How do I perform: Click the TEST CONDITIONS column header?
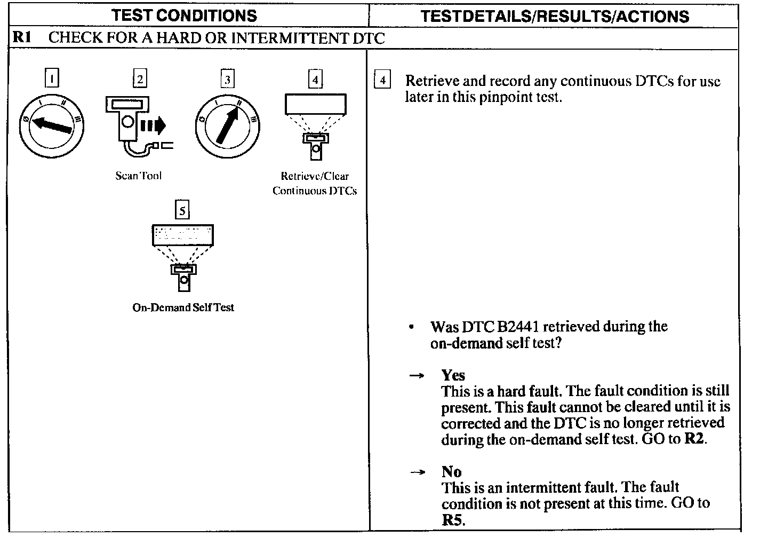coord(184,15)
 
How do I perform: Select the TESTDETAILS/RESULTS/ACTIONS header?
coord(555,16)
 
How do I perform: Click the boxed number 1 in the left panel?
coord(51,80)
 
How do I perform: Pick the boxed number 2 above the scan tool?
coord(139,80)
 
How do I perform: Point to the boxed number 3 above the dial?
coord(227,80)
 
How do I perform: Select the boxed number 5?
coord(182,211)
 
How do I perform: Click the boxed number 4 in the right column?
coord(382,81)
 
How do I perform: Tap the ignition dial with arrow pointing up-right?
coord(227,126)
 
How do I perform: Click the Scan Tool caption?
coord(138,176)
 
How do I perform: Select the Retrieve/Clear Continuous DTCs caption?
coord(315,183)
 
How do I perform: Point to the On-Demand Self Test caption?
coord(183,307)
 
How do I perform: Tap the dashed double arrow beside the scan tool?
coord(153,126)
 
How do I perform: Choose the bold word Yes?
coord(453,375)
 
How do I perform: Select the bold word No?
coord(451,472)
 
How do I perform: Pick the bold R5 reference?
coord(452,520)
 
